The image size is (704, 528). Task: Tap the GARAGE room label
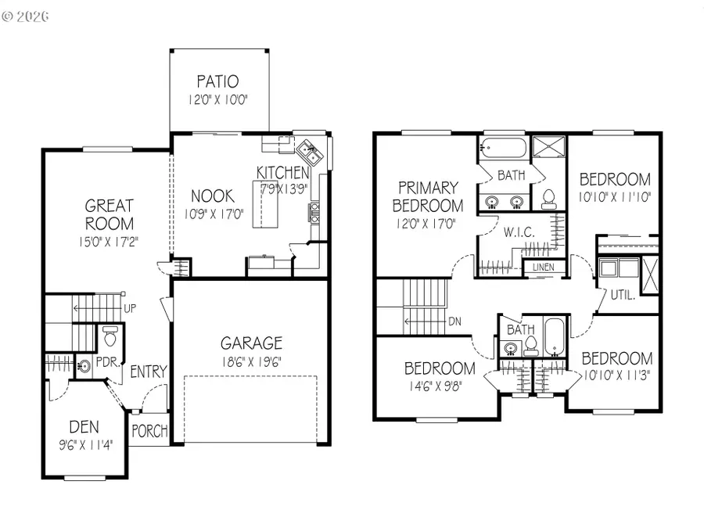coord(250,343)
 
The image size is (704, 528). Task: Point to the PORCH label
coord(148,430)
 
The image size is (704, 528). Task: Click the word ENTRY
coord(149,372)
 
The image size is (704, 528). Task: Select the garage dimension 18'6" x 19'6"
coord(250,361)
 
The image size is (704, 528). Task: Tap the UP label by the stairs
coord(130,308)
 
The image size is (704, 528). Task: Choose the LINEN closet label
coord(542,268)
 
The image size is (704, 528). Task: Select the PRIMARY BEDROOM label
coord(428,196)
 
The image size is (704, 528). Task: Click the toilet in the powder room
coord(110,338)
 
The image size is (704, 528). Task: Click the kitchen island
coord(266,203)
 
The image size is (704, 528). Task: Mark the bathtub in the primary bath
coord(501,146)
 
